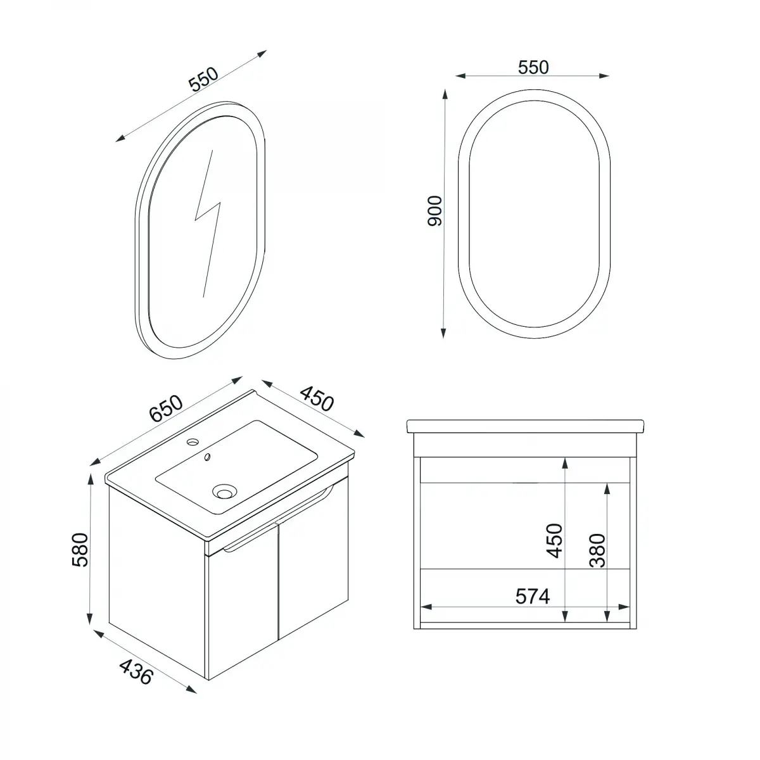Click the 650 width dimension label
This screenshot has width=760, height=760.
[167, 408]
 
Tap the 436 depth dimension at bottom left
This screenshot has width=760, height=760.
[136, 671]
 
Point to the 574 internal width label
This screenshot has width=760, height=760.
[531, 596]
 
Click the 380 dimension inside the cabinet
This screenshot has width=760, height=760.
[597, 550]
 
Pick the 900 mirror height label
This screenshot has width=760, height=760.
[434, 211]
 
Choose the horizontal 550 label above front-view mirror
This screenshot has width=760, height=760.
[533, 67]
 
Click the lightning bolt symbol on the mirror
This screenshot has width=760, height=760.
[208, 222]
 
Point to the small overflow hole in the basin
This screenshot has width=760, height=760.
[207, 457]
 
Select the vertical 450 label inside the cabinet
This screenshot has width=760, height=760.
[555, 540]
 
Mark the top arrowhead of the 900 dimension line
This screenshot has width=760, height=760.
[445, 92]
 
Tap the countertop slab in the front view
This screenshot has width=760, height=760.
[525, 426]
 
